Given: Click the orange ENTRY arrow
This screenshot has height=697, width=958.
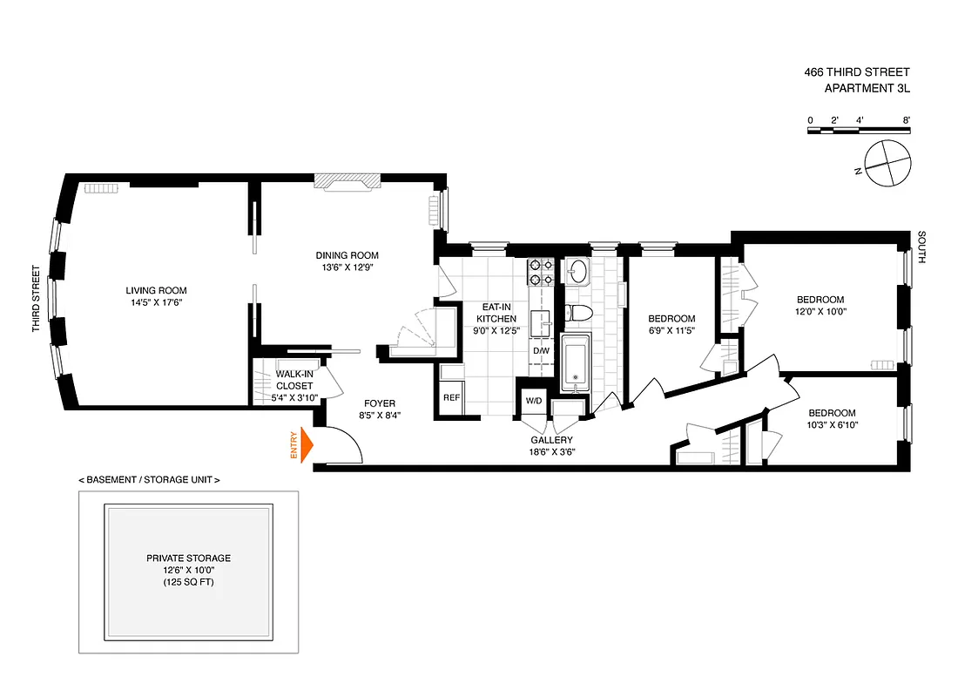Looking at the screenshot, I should click(305, 445).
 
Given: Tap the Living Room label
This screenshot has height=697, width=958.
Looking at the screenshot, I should click(156, 291).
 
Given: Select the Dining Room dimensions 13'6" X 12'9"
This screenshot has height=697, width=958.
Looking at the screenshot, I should click(347, 267).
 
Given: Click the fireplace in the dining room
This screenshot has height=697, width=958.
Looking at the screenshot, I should click(347, 180).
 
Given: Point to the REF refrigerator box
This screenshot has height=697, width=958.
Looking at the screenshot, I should click(451, 397).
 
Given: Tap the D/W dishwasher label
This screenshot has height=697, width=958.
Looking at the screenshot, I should click(541, 351).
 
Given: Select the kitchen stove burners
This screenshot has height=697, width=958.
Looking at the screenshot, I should click(536, 272).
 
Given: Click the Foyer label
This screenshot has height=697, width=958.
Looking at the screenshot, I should click(380, 403).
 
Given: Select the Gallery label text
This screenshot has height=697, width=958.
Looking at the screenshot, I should click(552, 440).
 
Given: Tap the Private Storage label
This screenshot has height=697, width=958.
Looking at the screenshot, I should click(188, 558).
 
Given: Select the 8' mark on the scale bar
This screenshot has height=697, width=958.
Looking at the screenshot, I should click(906, 119).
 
